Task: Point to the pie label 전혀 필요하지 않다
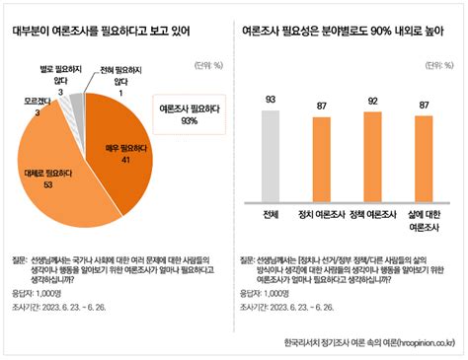coord(117,76)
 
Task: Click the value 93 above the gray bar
coord(272,100)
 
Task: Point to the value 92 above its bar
coord(371,101)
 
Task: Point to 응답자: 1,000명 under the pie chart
coord(37,294)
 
